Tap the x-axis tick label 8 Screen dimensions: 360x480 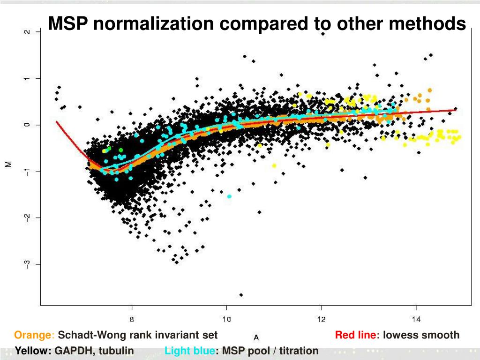coord(132,320)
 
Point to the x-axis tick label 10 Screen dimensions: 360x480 coord(226,320)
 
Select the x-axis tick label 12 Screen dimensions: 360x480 coord(321,320)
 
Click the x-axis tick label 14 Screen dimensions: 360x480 coord(416,320)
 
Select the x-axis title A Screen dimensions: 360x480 coord(256,337)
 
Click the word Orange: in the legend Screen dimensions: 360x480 coord(35,335)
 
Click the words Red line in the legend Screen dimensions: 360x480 coord(356,335)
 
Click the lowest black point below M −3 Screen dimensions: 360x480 coord(241,295)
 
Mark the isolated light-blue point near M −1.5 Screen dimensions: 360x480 coord(229,196)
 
